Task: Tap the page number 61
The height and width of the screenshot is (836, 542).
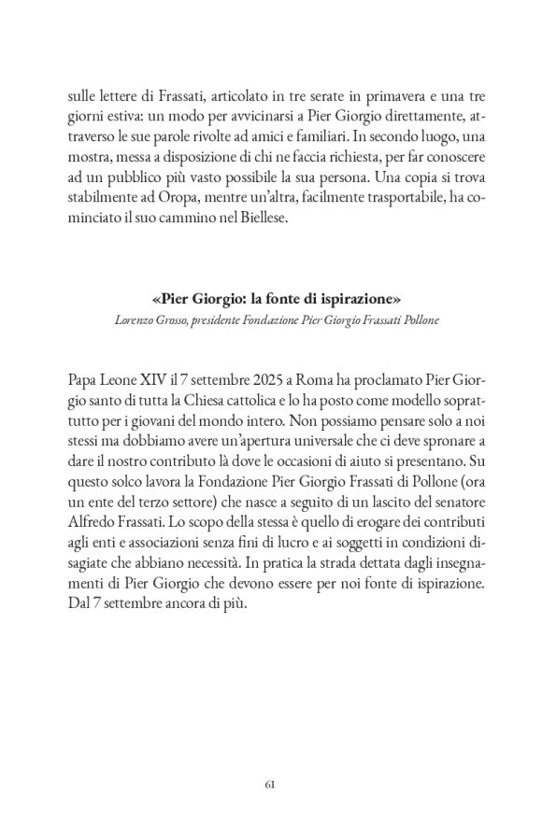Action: (x=271, y=785)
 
